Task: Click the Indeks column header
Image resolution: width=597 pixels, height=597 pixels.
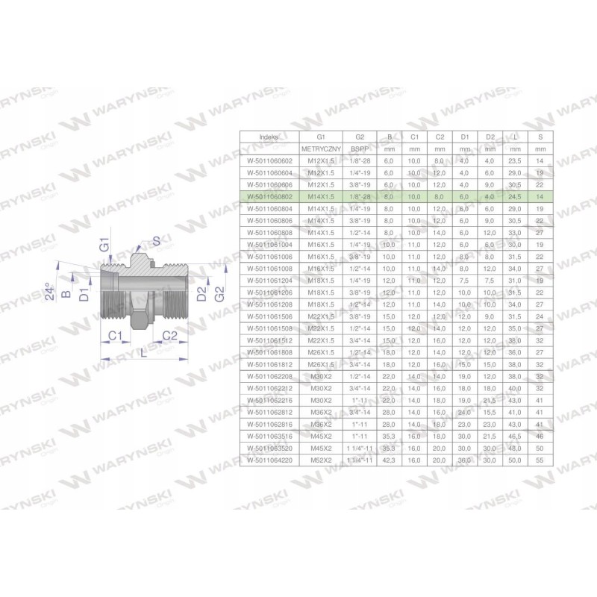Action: (268, 137)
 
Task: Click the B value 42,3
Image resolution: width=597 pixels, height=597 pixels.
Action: (389, 461)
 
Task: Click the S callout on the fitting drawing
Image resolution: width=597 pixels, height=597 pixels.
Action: (156, 241)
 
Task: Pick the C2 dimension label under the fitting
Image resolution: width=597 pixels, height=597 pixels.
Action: (169, 335)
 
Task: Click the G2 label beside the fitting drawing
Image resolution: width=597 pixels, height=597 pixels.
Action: (219, 293)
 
